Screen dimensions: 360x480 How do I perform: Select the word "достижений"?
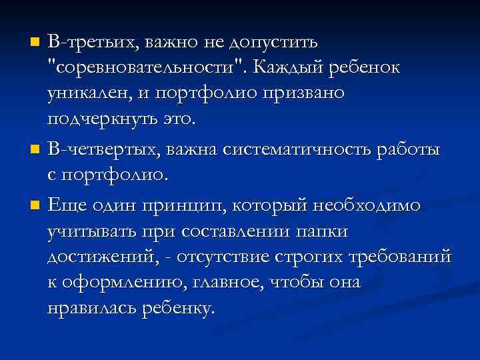pos(97,257)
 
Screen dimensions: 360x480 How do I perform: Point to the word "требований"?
pos(401,257)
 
